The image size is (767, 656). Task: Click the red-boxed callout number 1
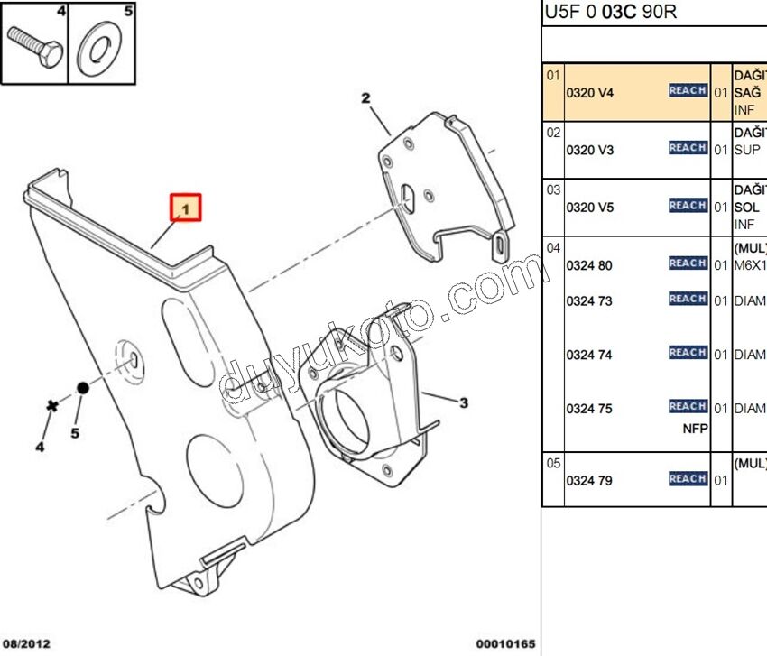pyautogui.click(x=187, y=208)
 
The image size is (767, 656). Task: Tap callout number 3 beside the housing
pyautogui.click(x=463, y=402)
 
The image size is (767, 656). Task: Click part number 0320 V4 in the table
pyautogui.click(x=589, y=92)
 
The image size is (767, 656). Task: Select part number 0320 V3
pyautogui.click(x=589, y=150)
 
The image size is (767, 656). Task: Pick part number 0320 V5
pyautogui.click(x=589, y=208)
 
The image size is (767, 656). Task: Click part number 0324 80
pyautogui.click(x=589, y=265)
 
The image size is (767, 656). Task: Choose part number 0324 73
pyautogui.click(x=589, y=300)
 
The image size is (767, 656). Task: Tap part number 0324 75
pyautogui.click(x=589, y=409)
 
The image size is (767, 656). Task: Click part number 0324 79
pyautogui.click(x=589, y=481)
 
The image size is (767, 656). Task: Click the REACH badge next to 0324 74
pyautogui.click(x=688, y=353)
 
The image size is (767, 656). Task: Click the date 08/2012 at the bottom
pyautogui.click(x=26, y=644)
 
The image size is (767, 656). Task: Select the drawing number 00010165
pyautogui.click(x=505, y=644)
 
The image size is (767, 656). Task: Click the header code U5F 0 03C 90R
pyautogui.click(x=610, y=12)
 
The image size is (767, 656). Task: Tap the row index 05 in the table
pyautogui.click(x=553, y=463)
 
